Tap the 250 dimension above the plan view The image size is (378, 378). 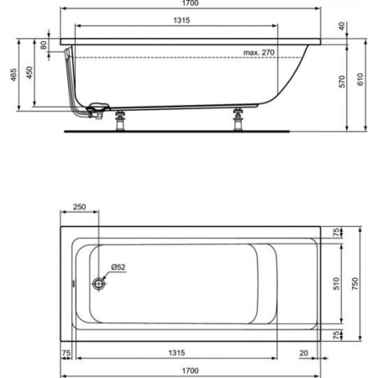pos(80,207)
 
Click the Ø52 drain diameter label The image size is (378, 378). pos(118,268)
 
